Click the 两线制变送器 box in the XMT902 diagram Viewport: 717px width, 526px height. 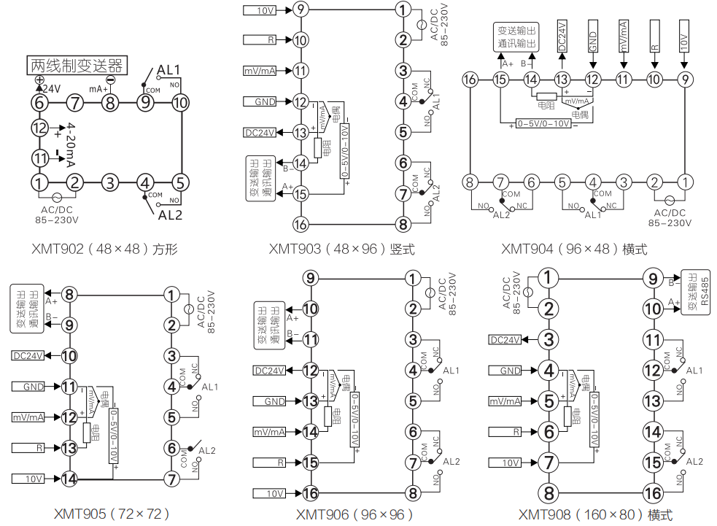tap(77, 66)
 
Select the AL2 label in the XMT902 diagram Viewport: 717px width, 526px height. tap(169, 214)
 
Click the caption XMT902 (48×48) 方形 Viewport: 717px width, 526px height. tap(105, 250)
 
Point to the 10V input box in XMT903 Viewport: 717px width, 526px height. tap(258, 10)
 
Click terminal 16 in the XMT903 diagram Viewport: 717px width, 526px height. tap(300, 223)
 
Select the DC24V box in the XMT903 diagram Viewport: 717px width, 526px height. tap(259, 133)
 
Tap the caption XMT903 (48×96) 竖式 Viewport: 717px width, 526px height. tap(342, 250)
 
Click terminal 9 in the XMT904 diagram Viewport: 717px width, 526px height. tap(684, 80)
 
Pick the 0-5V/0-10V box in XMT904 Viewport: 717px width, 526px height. tap(542, 124)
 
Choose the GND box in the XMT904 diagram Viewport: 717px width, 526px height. tap(593, 36)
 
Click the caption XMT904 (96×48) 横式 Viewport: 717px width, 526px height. tap(574, 250)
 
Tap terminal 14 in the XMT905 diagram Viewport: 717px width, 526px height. tap(69, 479)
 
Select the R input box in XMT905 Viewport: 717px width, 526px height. tap(27, 448)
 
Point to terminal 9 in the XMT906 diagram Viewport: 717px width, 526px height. tap(311, 278)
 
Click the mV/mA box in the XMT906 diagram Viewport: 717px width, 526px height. tap(269, 432)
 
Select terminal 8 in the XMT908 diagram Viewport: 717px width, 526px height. tap(549, 493)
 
